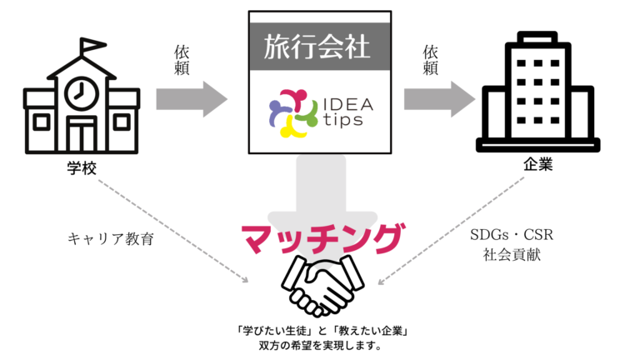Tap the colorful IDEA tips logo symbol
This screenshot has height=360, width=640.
pyautogui.click(x=292, y=116)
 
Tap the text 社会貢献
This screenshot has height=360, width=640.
pyautogui.click(x=512, y=254)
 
